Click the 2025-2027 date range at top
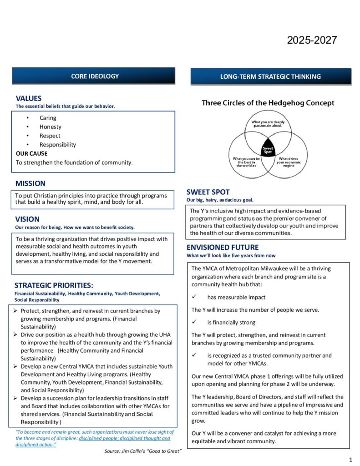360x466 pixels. pyautogui.click(x=312, y=40)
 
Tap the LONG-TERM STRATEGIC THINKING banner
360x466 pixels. pyautogui.click(x=270, y=76)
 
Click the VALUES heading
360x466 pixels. pyautogui.click(x=29, y=98)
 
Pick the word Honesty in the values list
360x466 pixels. pyautogui.click(x=50, y=127)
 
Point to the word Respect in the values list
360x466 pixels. pyautogui.click(x=50, y=136)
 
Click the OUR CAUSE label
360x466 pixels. pyautogui.click(x=31, y=153)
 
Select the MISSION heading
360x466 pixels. pyautogui.click(x=30, y=183)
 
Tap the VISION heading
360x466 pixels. pyautogui.click(x=27, y=219)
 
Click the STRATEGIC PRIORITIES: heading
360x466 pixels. pyautogui.click(x=54, y=285)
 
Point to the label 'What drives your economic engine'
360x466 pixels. pyautogui.click(x=288, y=162)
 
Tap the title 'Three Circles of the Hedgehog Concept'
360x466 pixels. pyautogui.click(x=268, y=103)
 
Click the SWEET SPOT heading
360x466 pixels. pyautogui.click(x=208, y=192)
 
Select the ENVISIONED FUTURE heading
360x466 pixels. pyautogui.click(x=223, y=247)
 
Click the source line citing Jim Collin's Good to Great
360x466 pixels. pyautogui.click(x=143, y=451)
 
